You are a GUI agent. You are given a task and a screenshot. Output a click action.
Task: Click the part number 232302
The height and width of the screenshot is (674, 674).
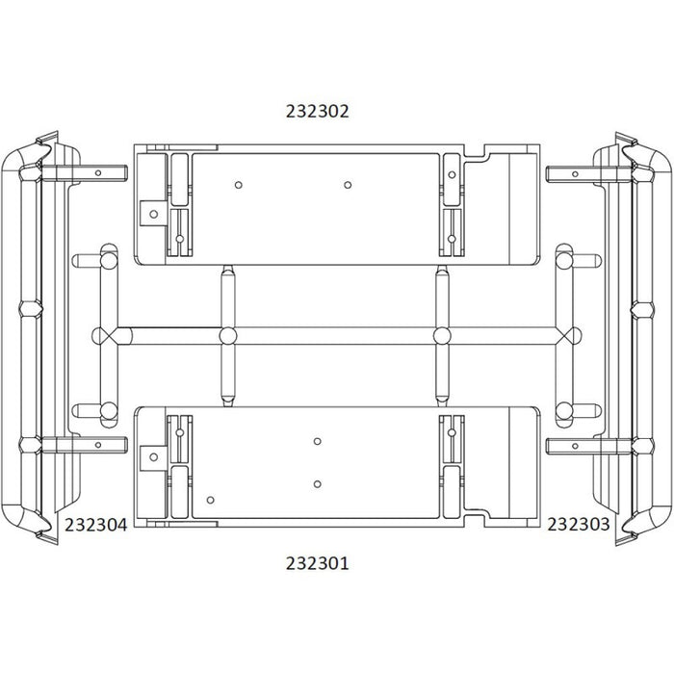(317, 111)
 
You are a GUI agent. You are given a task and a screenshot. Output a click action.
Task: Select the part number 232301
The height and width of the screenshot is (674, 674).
(317, 563)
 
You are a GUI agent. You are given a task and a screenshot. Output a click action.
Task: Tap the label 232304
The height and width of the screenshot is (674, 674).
(96, 525)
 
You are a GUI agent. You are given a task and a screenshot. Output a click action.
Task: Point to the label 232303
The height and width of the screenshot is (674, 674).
(579, 525)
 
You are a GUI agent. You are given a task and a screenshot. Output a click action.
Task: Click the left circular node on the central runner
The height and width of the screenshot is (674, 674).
(228, 336)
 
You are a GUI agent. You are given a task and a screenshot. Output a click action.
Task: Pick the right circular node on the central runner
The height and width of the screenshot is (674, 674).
(442, 336)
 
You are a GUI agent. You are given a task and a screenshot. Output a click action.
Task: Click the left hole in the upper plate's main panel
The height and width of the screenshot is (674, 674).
(239, 185)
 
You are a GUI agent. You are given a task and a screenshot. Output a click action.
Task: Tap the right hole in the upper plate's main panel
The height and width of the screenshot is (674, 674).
(348, 185)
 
